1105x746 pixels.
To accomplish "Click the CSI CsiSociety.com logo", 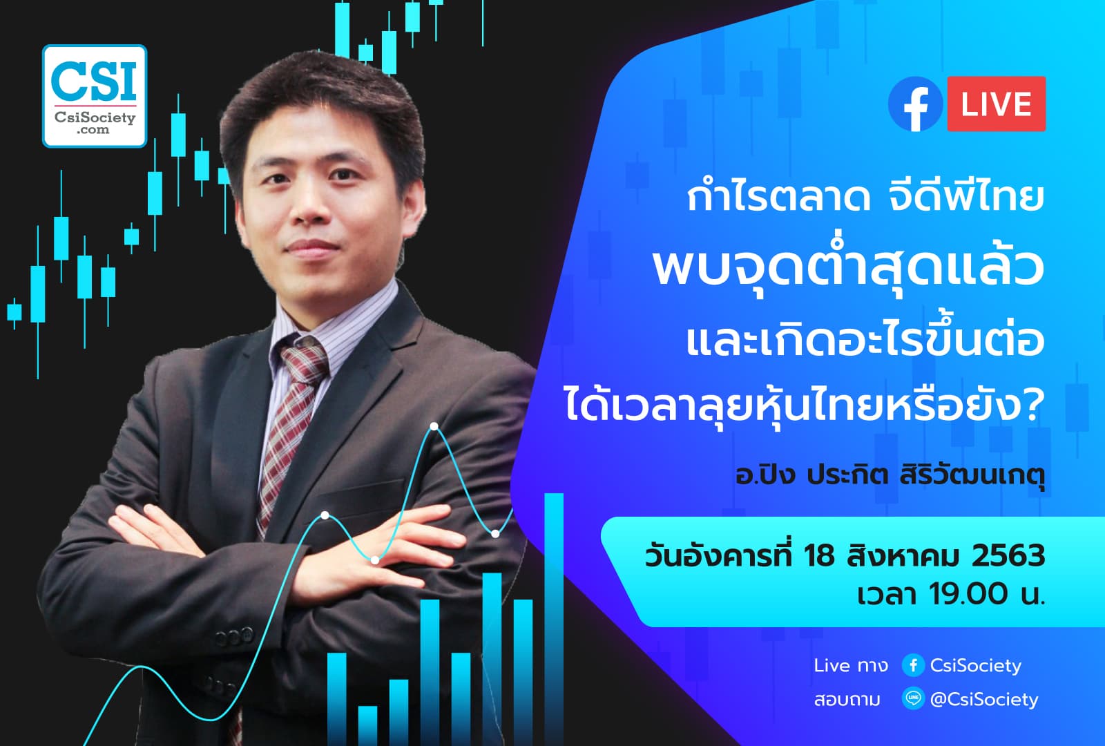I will (95, 96).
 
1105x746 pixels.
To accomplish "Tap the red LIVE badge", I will (996, 104).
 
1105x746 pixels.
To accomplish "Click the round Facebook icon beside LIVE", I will (916, 105).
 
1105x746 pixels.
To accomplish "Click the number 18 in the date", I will (819, 556).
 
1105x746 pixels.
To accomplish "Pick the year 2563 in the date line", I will (1008, 556).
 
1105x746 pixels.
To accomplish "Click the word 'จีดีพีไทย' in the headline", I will (964, 196).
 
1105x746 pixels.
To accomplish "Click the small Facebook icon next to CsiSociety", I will (913, 665).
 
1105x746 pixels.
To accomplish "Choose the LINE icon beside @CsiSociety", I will (913, 699).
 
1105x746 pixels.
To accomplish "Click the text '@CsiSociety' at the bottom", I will (983, 700).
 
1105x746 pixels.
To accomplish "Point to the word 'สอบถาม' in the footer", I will (847, 700).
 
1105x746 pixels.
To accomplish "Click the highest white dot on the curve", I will (434, 426).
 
